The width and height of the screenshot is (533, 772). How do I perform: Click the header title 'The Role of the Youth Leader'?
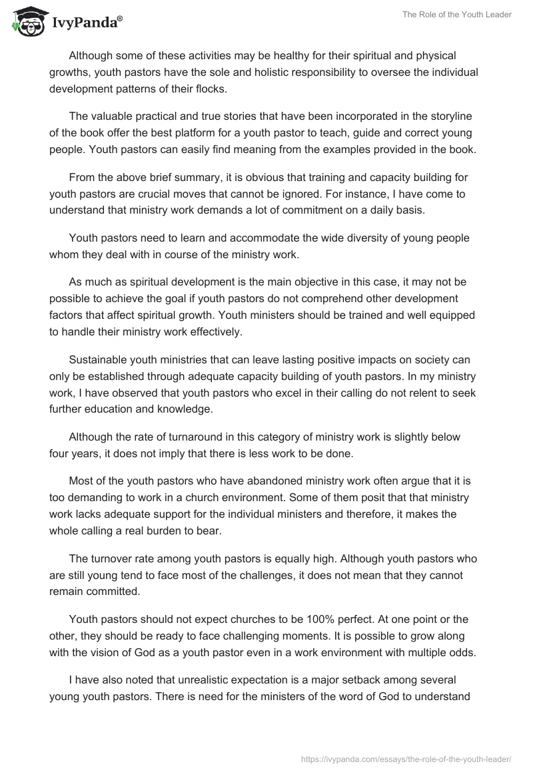(x=457, y=15)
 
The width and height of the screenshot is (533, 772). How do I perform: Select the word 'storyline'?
(x=448, y=116)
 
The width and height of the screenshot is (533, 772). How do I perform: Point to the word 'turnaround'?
(x=171, y=437)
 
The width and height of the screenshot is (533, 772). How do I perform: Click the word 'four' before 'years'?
(x=59, y=453)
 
